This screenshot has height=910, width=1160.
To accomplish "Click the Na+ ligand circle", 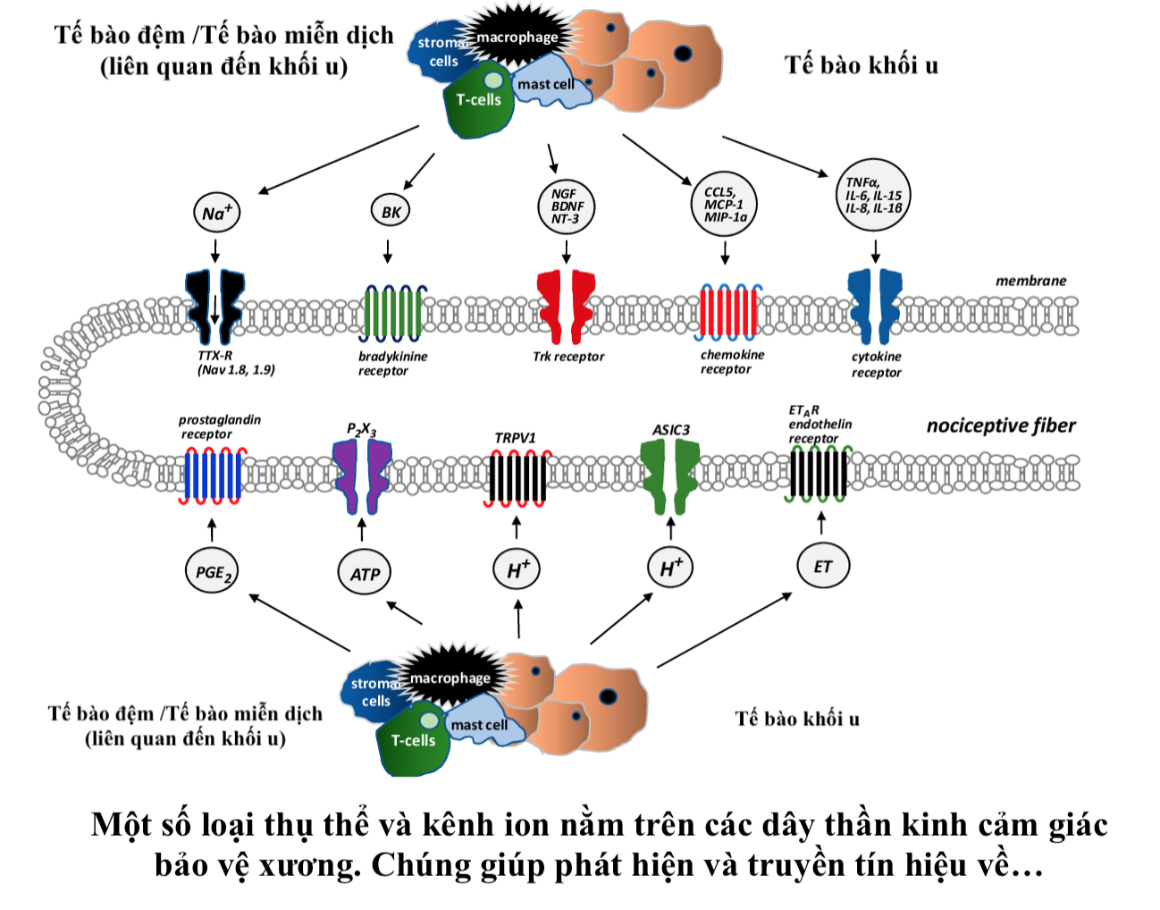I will [216, 213].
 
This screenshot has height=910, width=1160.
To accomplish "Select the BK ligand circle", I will [391, 212].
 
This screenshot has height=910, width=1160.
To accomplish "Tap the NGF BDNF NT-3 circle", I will [565, 206].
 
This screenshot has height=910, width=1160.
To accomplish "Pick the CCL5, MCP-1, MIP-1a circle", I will [725, 205].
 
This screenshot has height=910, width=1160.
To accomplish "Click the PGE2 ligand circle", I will [213, 572].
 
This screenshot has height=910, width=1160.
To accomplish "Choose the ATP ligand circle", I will [365, 573].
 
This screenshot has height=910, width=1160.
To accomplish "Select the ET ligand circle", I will [822, 566].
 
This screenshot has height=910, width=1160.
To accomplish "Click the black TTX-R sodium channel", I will [215, 307].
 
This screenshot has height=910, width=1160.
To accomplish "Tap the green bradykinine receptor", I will [393, 313].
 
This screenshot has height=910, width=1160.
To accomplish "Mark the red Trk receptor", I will [566, 307].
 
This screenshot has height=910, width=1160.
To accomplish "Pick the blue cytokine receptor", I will [875, 307].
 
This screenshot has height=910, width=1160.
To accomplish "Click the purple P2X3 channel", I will [362, 475].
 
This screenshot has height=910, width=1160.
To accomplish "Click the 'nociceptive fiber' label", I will [1001, 426].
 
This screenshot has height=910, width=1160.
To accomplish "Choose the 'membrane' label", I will [1030, 281].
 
